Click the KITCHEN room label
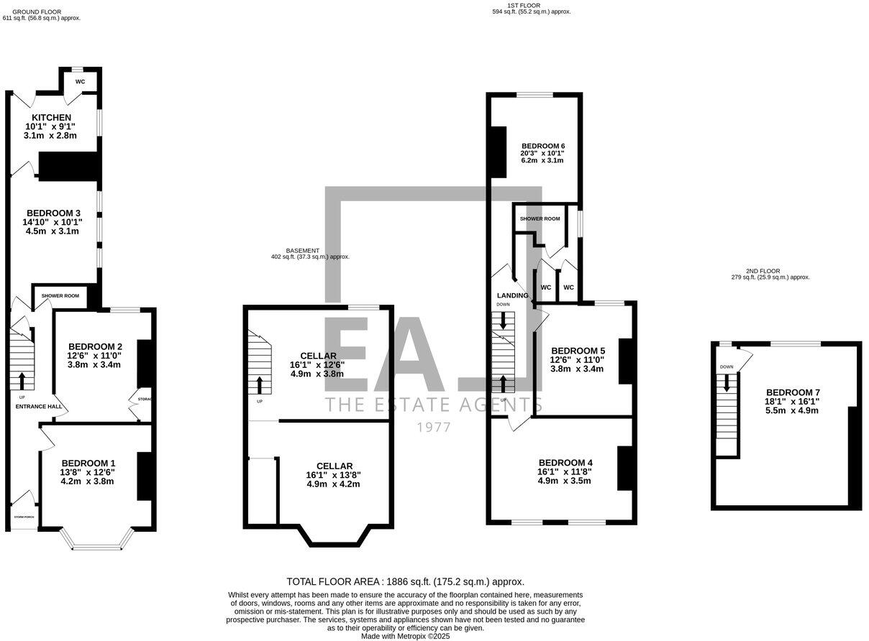tap(51, 118)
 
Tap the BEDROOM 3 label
tap(53, 213)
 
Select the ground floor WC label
tap(80, 82)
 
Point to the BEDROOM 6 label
tap(543, 146)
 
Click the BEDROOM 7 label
tap(792, 392)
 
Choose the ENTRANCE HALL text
tap(40, 407)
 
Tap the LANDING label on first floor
tap(513, 295)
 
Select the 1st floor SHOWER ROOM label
tap(540, 218)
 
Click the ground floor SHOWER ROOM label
tap(60, 295)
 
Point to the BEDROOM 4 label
tap(565, 463)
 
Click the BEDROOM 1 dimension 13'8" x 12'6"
tap(88, 472)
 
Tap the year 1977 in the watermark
tap(434, 428)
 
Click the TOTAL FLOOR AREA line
tap(405, 581)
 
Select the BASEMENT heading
tap(302, 251)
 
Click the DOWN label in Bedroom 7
tap(727, 367)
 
